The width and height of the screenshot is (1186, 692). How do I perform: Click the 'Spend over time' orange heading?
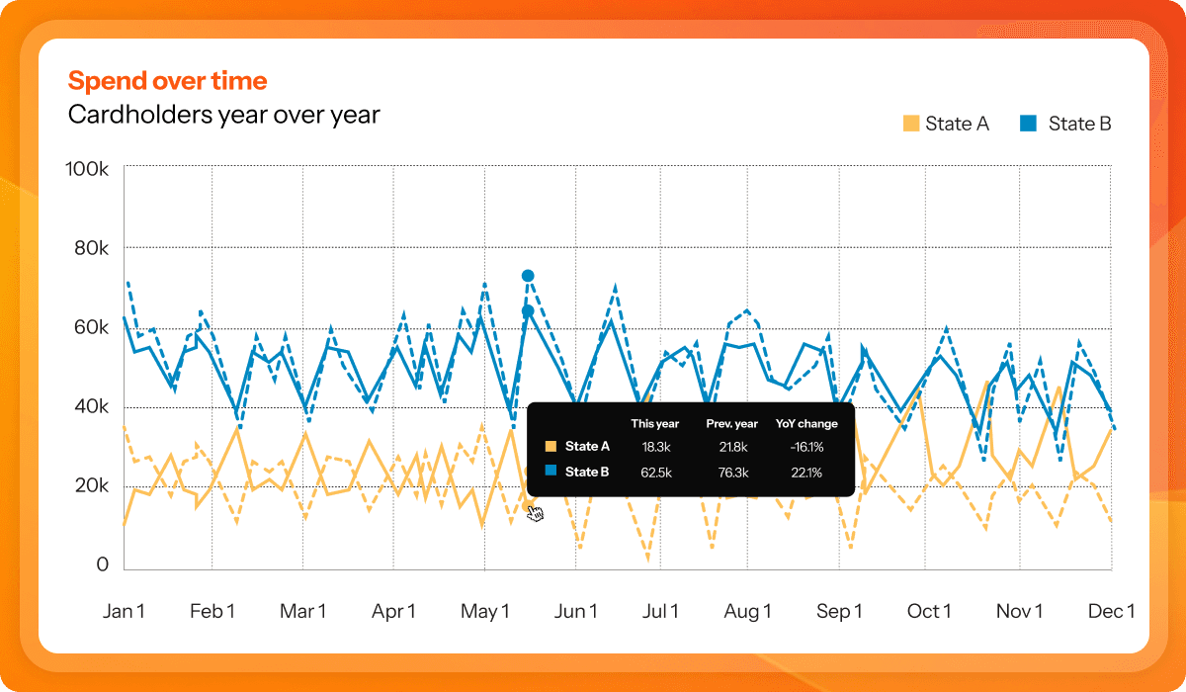coord(167,81)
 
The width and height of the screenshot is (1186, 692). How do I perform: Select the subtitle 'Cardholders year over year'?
coord(223,115)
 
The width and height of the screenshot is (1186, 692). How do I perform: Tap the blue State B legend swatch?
coord(1028,124)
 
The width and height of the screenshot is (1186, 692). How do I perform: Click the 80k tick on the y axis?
coord(91,248)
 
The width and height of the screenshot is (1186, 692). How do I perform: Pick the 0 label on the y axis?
coord(102,564)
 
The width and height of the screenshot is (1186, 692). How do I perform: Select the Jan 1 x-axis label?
coord(124,612)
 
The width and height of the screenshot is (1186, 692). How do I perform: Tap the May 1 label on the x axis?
coord(484,612)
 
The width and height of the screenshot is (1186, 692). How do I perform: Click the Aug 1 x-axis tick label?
coord(747,612)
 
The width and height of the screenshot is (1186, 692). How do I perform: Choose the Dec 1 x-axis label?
coord(1112,612)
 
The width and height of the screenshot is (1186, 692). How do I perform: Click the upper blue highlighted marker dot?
coord(528,276)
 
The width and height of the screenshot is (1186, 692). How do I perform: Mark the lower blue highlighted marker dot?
coord(528,311)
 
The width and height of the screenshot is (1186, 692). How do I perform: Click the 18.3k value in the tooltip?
coord(656,448)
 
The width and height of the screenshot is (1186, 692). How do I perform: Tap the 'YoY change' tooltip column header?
coord(805,423)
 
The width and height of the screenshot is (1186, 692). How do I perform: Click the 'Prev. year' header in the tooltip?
coord(731,423)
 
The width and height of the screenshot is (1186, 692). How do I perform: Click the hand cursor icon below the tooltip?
coord(535,512)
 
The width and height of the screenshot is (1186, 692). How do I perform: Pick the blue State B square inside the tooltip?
coord(551,473)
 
